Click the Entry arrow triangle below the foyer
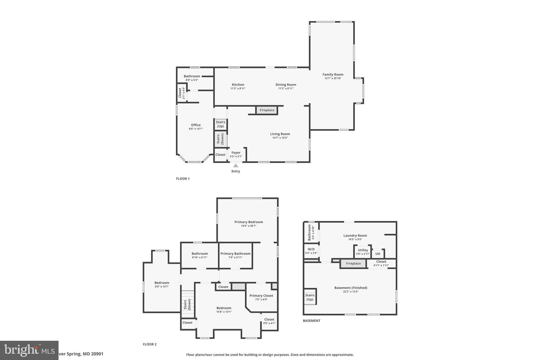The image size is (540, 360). tap(236, 166)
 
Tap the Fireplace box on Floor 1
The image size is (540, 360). tap(267, 110)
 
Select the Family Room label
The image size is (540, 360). tap(333, 74)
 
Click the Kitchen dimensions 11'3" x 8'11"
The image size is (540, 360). tap(238, 89)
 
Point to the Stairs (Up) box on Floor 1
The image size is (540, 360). tap(220, 124)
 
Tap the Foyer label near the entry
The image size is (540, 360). tap(236, 153)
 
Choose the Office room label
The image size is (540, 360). tap(196, 125)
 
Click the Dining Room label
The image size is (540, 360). tap(286, 85)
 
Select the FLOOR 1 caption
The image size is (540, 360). tap(183, 179)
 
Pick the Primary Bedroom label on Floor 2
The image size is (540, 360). tap(249, 222)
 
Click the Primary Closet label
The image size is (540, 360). tap(261, 296)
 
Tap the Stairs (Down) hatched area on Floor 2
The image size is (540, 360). tap(187, 304)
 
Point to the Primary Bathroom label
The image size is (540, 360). tap(235, 254)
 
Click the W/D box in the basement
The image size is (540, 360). tap(311, 251)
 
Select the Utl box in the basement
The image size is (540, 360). tap(378, 254)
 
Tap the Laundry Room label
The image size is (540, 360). tap(355, 236)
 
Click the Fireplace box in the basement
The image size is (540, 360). tap(353, 263)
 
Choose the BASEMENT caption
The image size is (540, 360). tap(311, 321)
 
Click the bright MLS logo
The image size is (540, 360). tap(29, 350)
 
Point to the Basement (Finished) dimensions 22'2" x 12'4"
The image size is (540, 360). tap(351, 292)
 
